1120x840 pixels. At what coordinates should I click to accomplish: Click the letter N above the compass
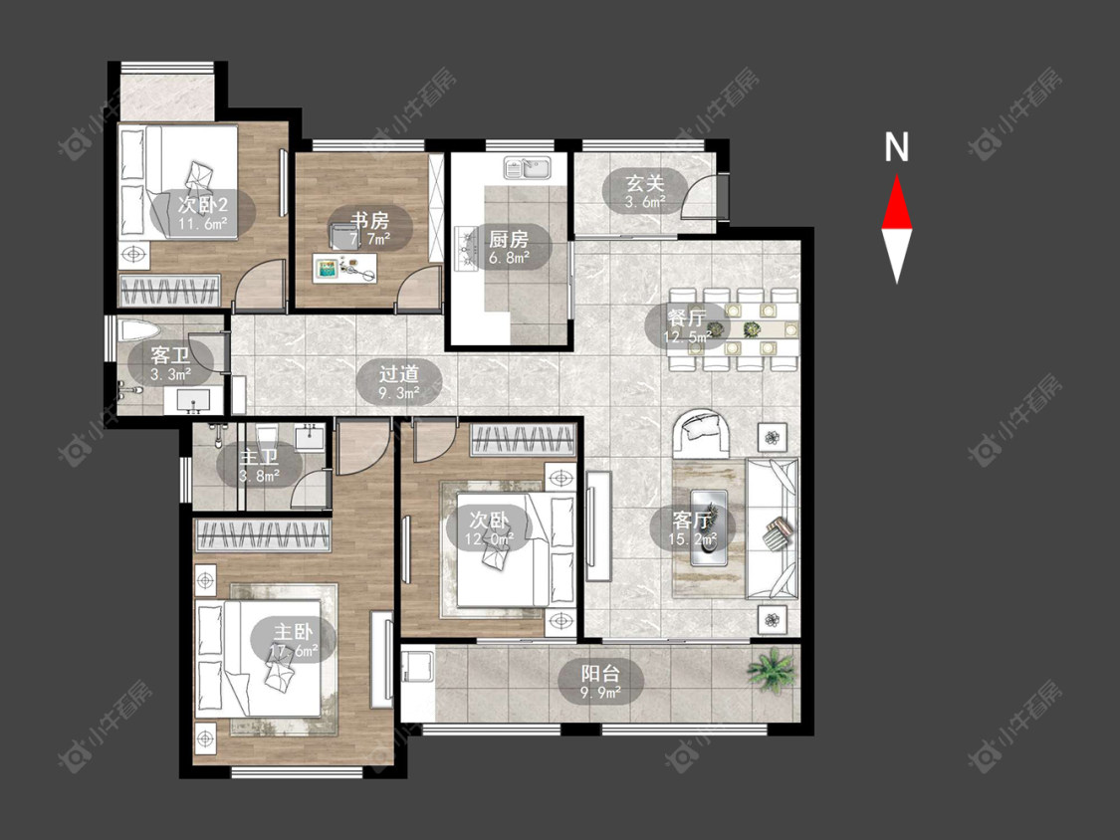[x=896, y=147]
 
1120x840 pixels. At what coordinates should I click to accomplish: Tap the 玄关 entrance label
[x=645, y=183]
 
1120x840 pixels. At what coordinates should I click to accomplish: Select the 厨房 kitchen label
[x=509, y=238]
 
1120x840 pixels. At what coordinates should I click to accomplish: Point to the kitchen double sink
[x=527, y=168]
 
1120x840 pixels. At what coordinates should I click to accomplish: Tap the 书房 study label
[x=370, y=219]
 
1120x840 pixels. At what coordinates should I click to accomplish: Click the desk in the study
[x=344, y=269]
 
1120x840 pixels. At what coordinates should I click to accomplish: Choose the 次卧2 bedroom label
[x=203, y=205]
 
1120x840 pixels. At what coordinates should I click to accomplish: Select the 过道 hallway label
[x=398, y=373]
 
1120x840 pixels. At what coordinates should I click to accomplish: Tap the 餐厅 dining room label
[x=687, y=316]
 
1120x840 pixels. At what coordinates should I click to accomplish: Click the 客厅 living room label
[x=692, y=520]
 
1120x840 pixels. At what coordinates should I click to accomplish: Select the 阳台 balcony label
[x=600, y=674]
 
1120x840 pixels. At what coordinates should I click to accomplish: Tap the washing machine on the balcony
[x=417, y=666]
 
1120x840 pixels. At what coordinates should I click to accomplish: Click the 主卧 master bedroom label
[x=294, y=631]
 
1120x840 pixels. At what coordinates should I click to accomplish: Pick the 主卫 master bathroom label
[x=259, y=457]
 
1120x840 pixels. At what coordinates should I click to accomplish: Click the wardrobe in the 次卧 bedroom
[x=523, y=439]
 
